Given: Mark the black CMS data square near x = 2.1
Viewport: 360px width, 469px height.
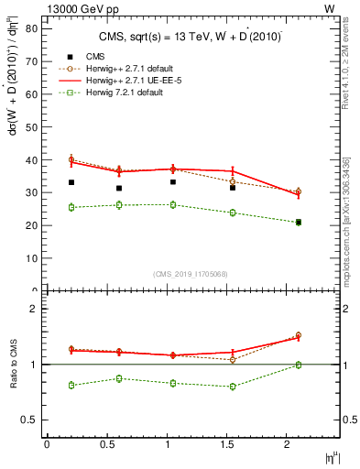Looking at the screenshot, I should click(x=298, y=223).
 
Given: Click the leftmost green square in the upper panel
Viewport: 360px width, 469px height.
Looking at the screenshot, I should click(x=71, y=207).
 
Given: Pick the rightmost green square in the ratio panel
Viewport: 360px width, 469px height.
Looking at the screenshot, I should click(x=298, y=365).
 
